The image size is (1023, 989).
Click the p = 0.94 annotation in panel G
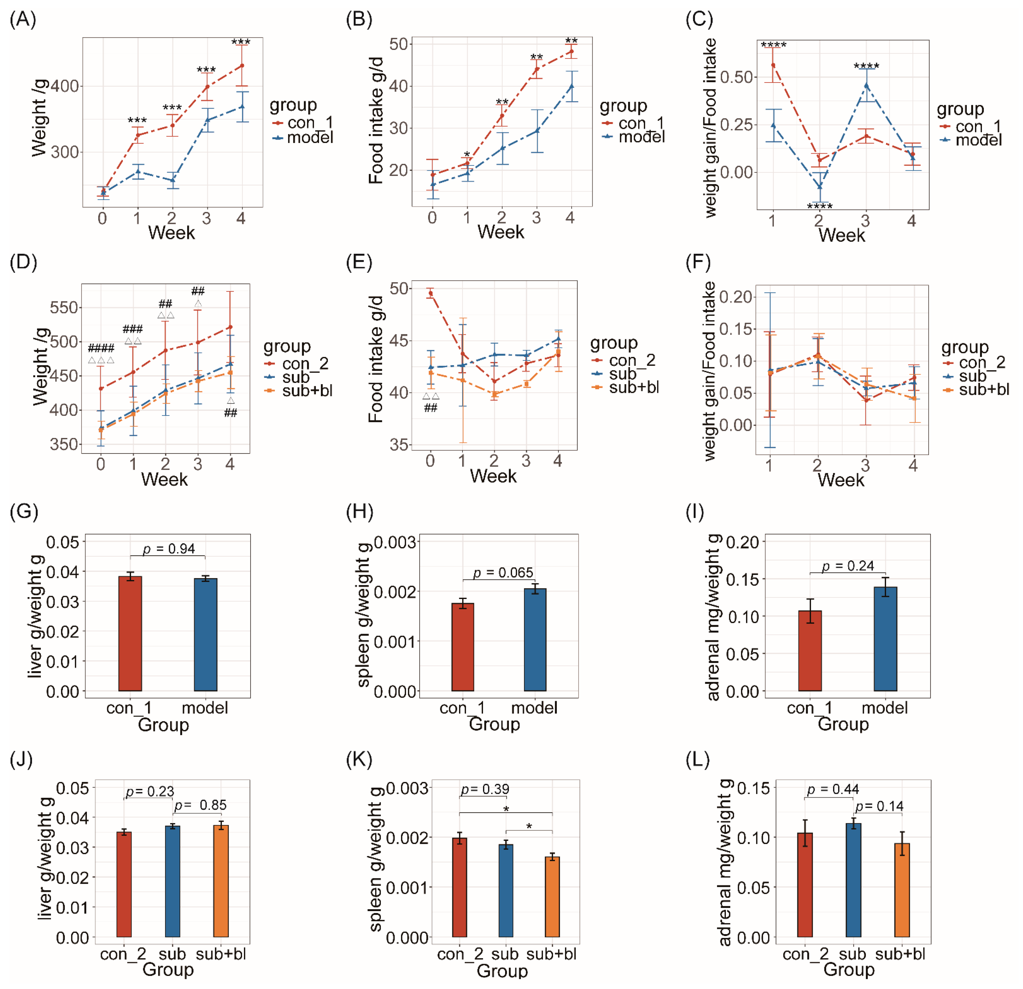coord(169,549)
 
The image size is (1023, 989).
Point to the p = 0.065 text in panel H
coord(503,573)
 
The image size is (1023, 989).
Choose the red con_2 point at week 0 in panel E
coord(431,294)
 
